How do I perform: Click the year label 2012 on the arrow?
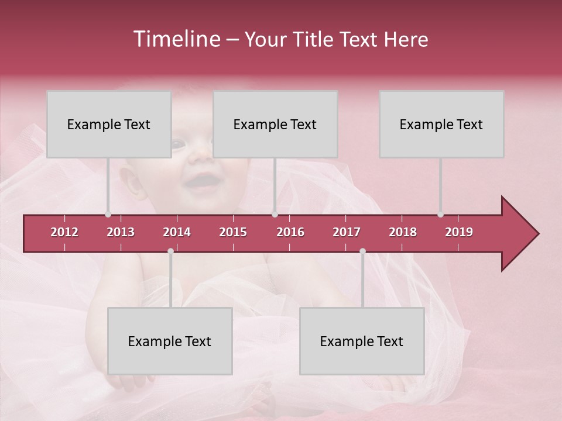[64, 232]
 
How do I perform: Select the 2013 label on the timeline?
[121, 232]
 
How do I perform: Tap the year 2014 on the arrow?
[177, 232]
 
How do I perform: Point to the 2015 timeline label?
[233, 232]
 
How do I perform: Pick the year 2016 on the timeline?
[290, 232]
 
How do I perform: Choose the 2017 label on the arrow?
[347, 232]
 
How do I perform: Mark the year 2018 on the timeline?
[403, 232]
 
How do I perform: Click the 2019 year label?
[459, 232]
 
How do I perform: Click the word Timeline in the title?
[176, 39]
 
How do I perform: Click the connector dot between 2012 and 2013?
[108, 215]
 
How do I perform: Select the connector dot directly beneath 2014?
[170, 251]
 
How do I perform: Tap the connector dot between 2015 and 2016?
[275, 215]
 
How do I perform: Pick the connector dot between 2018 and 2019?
[440, 215]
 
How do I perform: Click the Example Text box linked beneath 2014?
[170, 341]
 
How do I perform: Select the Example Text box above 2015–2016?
[275, 124]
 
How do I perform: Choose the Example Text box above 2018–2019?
[441, 124]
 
